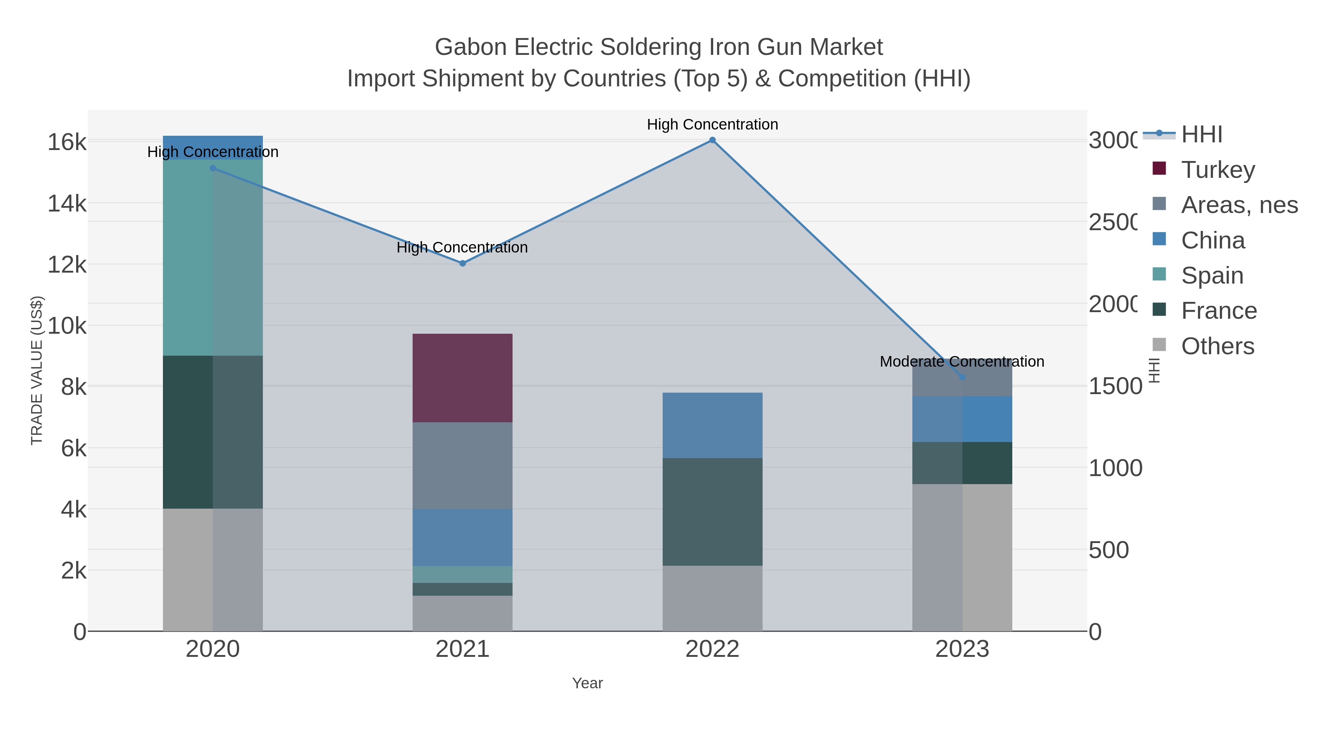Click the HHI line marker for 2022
pos(712,140)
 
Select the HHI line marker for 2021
pos(462,263)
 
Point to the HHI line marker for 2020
pos(213,168)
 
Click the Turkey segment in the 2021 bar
pos(462,378)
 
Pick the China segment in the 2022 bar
pos(712,426)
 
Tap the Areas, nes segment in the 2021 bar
pos(462,465)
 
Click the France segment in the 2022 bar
pos(712,512)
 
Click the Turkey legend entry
pos(1218,170)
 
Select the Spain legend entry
pos(1211,276)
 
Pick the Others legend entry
pos(1217,346)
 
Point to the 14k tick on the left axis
pos(67,203)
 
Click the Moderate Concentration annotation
pos(962,362)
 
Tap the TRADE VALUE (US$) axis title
pos(37,370)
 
